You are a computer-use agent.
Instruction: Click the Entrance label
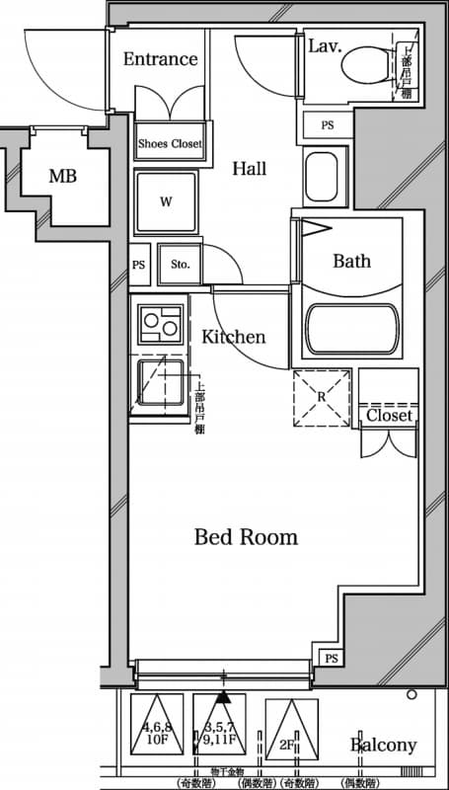[160, 59]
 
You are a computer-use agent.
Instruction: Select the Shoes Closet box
[169, 144]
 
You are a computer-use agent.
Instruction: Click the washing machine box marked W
[166, 201]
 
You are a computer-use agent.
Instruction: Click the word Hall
[250, 169]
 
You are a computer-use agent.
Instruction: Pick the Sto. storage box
[180, 265]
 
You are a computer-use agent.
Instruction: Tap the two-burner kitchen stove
[160, 323]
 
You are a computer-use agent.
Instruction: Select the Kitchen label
[234, 337]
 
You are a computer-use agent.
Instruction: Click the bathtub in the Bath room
[351, 329]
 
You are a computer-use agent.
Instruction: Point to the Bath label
[351, 261]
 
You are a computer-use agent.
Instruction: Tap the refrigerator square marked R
[322, 397]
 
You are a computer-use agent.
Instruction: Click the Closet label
[389, 416]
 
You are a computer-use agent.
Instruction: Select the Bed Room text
[246, 537]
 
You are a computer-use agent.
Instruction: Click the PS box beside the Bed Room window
[329, 659]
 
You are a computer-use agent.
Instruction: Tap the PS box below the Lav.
[327, 125]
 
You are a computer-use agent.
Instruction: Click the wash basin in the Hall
[325, 179]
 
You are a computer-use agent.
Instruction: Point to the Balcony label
[384, 746]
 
